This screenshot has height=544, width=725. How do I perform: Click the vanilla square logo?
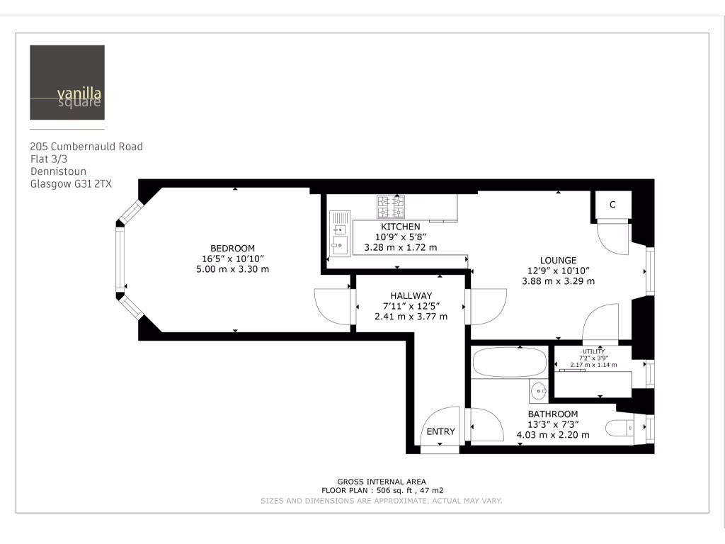(67, 82)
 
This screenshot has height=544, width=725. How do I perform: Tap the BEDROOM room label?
(233, 248)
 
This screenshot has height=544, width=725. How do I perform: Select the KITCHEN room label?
(400, 227)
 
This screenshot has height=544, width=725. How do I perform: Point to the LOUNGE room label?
(558, 260)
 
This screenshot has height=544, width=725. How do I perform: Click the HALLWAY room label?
(411, 295)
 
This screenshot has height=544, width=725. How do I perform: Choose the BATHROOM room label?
(552, 414)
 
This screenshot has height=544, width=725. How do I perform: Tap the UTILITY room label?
(593, 351)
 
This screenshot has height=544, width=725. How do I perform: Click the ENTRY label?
(440, 431)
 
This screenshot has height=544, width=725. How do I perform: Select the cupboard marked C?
(612, 205)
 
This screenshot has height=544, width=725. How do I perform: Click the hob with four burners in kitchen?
(390, 206)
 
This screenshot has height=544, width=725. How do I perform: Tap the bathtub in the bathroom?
(509, 361)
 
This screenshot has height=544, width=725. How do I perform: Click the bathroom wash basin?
(539, 390)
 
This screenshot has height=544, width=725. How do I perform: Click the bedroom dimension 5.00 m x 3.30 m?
(233, 269)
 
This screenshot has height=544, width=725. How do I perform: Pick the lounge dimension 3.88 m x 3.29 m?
(558, 281)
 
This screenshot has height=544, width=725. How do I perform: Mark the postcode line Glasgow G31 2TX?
(71, 183)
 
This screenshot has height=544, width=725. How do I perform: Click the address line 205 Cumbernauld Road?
(86, 147)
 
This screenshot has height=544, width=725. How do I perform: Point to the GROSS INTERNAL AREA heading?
(382, 482)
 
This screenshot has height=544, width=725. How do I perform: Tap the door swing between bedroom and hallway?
(331, 307)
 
